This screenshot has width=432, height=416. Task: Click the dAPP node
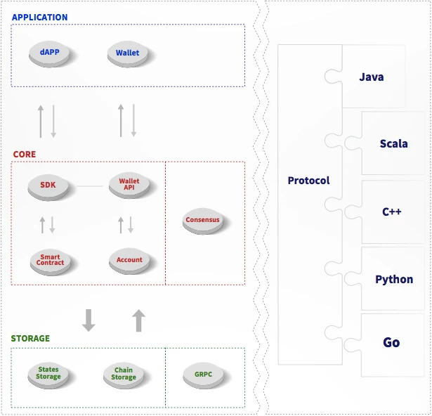tap(49, 54)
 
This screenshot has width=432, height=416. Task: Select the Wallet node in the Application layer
tap(128, 54)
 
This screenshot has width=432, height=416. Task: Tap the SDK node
tap(48, 187)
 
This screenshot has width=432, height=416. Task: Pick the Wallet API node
tap(129, 185)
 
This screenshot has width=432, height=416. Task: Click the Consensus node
tap(203, 221)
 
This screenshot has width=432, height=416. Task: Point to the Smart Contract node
tap(50, 261)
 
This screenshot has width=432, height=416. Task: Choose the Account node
tap(129, 261)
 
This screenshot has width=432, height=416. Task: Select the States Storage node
tap(48, 375)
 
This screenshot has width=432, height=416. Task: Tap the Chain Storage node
tap(124, 375)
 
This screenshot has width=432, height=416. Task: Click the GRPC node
tap(203, 375)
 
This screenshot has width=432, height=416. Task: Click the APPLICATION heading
tap(39, 18)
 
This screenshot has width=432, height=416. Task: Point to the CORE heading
tap(25, 154)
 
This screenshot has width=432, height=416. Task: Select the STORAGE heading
tap(30, 338)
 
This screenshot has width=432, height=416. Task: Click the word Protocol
tap(308, 181)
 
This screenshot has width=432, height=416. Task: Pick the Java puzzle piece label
tap(372, 77)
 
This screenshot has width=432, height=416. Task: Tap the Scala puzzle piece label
tap(393, 143)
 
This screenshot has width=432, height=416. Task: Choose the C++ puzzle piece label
tap(391, 212)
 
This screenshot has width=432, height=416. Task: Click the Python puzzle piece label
tap(394, 280)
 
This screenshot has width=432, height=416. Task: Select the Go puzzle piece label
tap(391, 342)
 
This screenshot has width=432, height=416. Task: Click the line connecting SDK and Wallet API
tap(89, 186)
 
